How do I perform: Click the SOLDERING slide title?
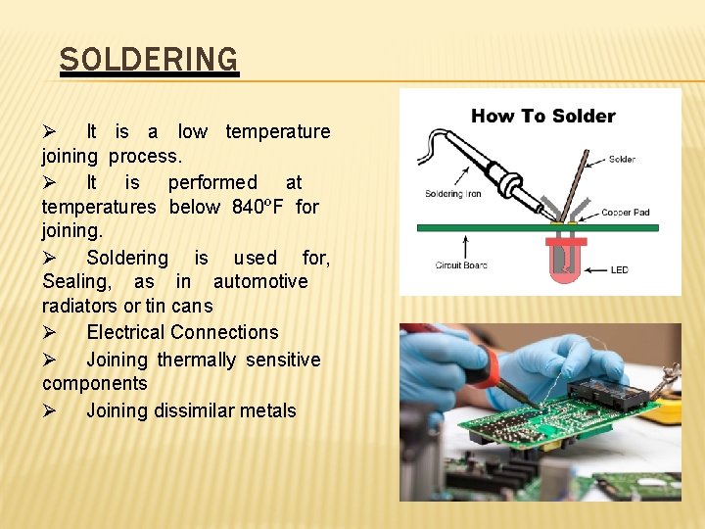pos(148,60)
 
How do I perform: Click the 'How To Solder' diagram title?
pos(542,116)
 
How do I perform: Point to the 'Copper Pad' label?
pos(626,213)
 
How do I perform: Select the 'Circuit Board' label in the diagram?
pos(461,265)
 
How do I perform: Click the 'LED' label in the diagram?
pos(619,269)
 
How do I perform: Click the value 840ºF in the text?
pos(258,207)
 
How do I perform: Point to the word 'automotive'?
pos(260,281)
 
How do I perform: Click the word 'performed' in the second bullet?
pos(212,182)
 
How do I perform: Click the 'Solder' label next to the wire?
pos(621,160)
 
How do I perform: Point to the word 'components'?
pos(94,383)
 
